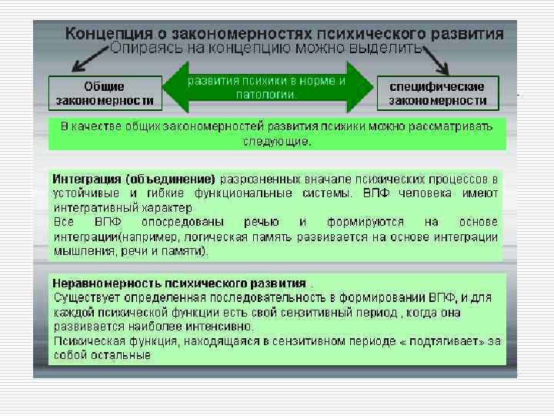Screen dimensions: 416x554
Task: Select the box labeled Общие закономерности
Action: point(104,93)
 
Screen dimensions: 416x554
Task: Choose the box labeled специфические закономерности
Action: point(437,93)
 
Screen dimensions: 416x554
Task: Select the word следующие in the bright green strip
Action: point(276,142)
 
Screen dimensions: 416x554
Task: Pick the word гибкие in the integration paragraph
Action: point(149,193)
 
